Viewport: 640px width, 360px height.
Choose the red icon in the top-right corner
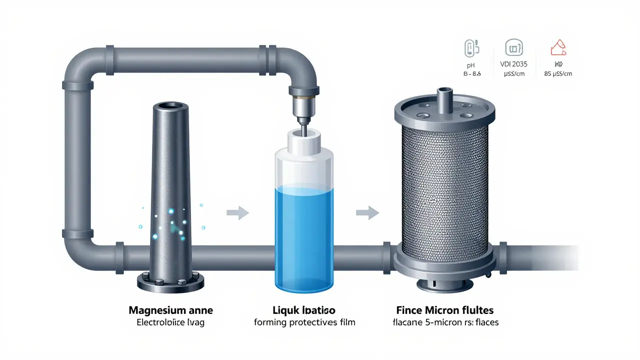558,48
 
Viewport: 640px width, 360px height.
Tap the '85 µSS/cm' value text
558,74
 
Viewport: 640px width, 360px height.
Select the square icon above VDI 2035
514,48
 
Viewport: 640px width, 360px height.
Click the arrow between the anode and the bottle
237,213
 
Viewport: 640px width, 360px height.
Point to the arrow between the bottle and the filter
366,213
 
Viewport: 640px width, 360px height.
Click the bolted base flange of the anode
170,283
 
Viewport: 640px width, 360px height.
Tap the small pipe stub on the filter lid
444,96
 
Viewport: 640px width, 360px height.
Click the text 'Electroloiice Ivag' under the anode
170,322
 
